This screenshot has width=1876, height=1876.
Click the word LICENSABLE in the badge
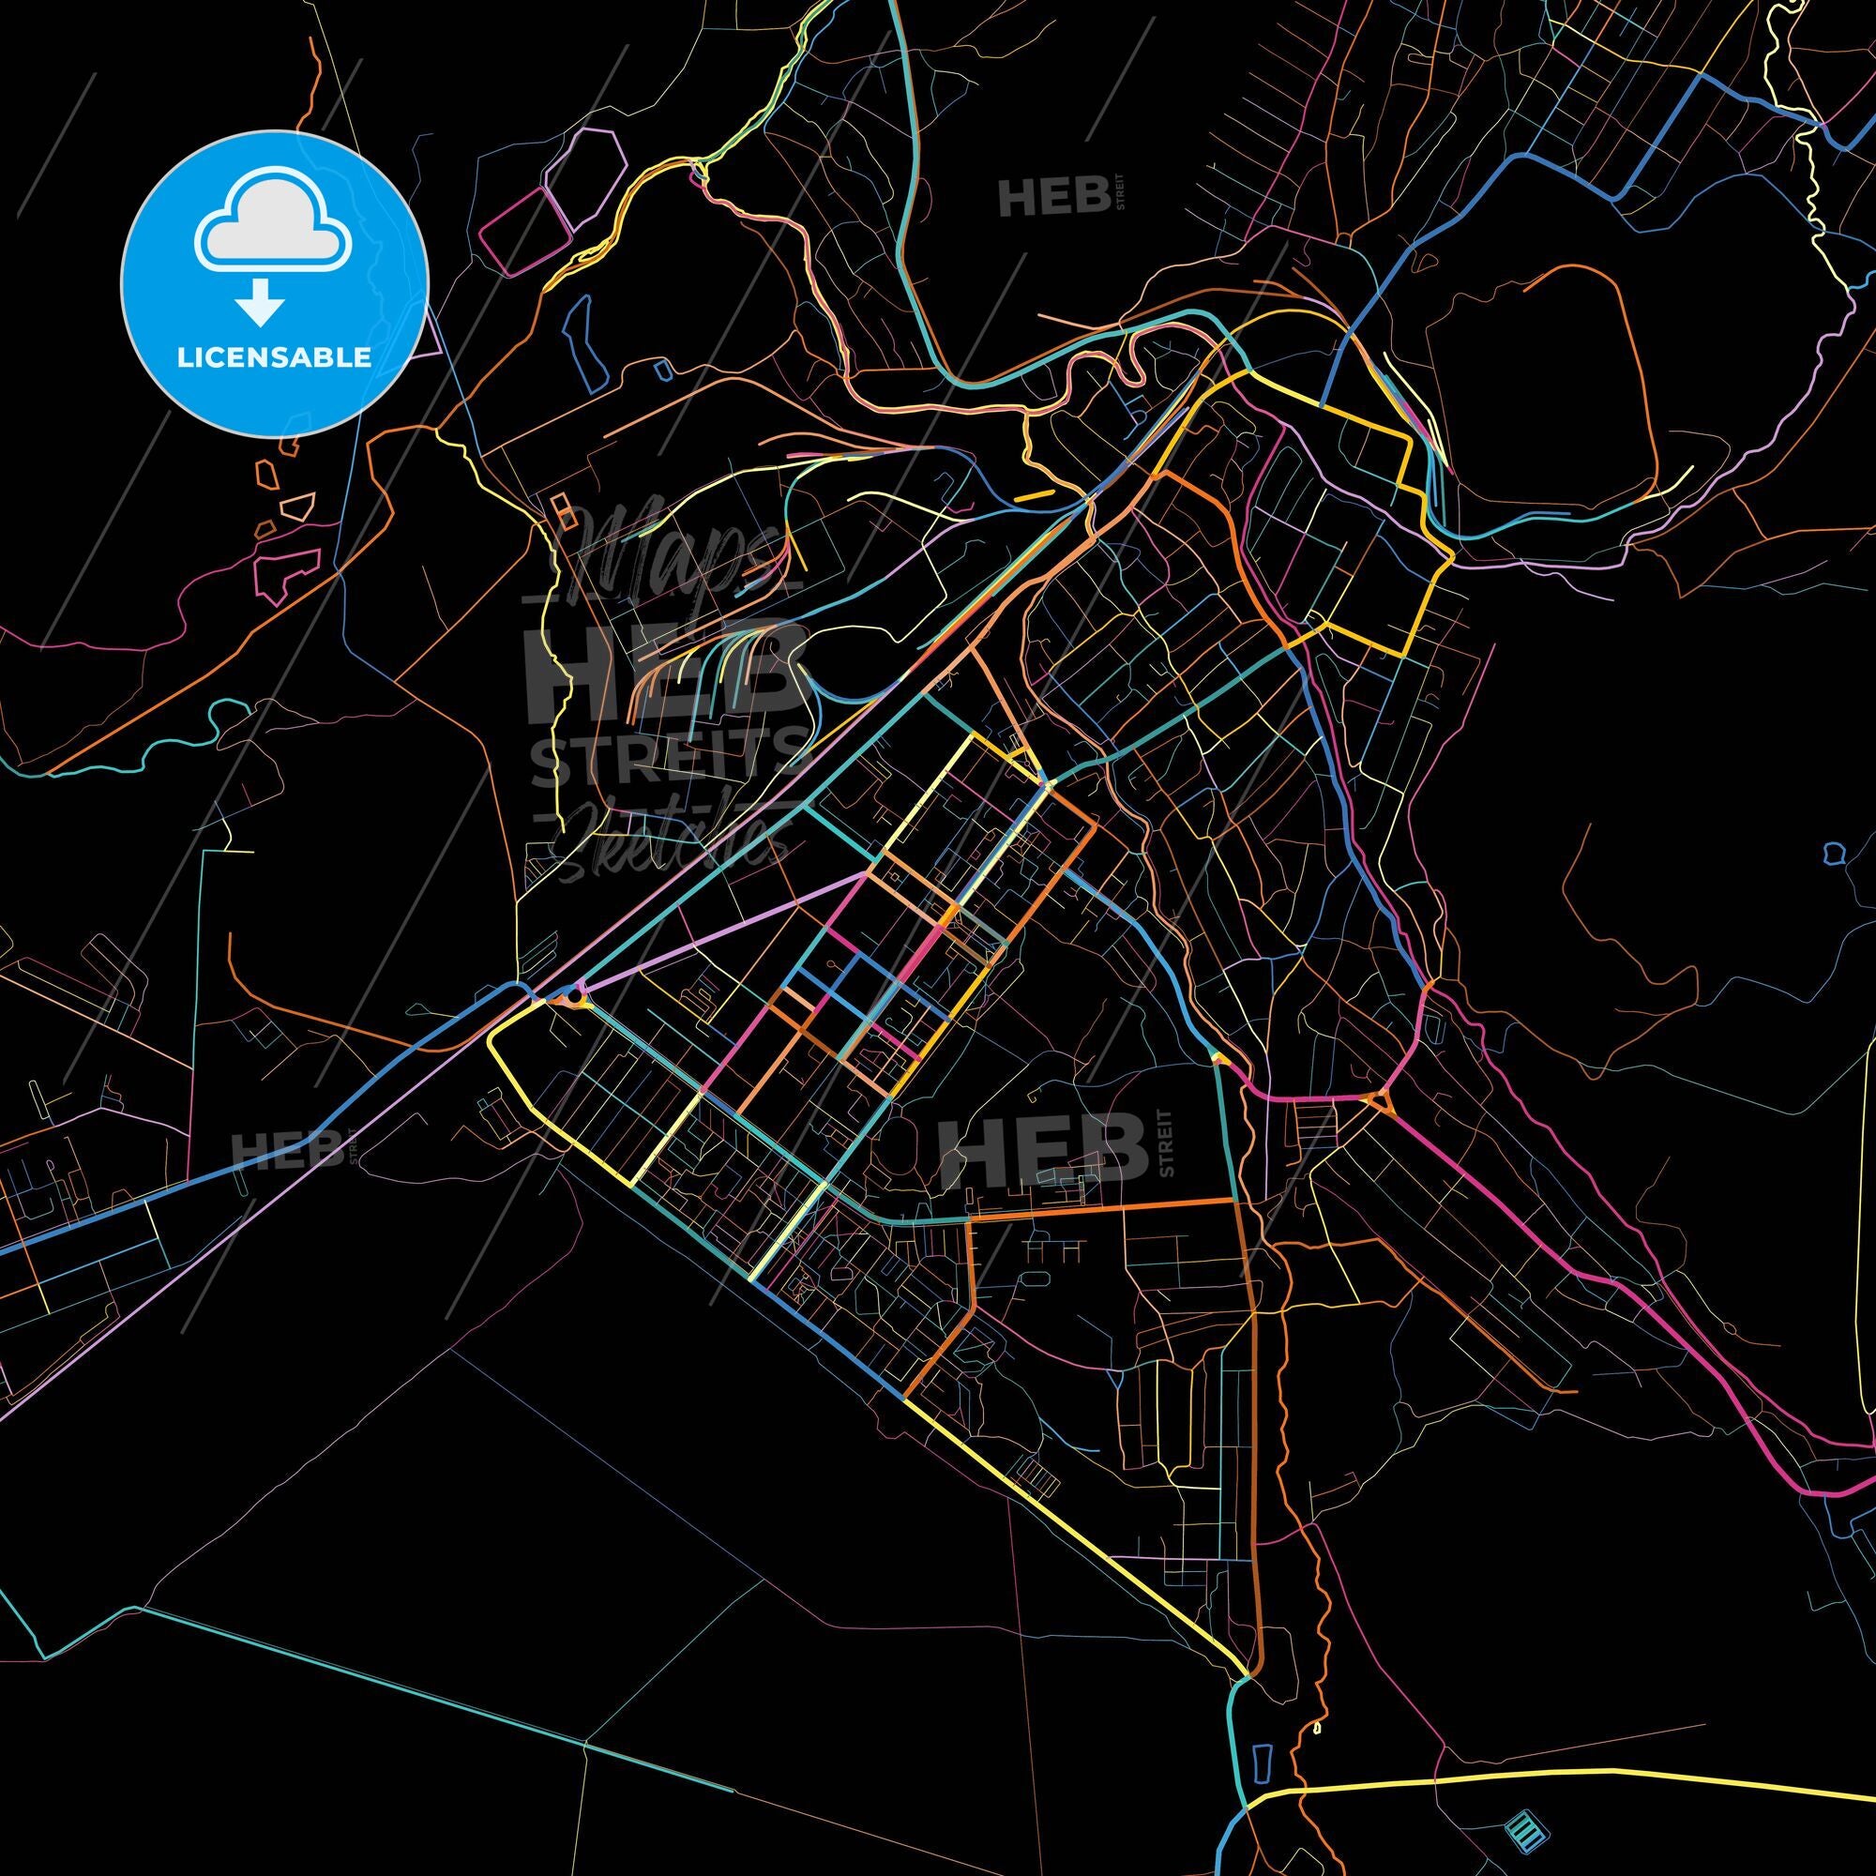point(274,356)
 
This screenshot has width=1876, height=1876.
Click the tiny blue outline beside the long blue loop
point(662,369)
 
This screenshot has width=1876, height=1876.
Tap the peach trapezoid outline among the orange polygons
point(298,505)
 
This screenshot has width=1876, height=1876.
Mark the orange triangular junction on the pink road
point(1380,1101)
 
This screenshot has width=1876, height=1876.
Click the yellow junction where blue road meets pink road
point(1219,1061)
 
